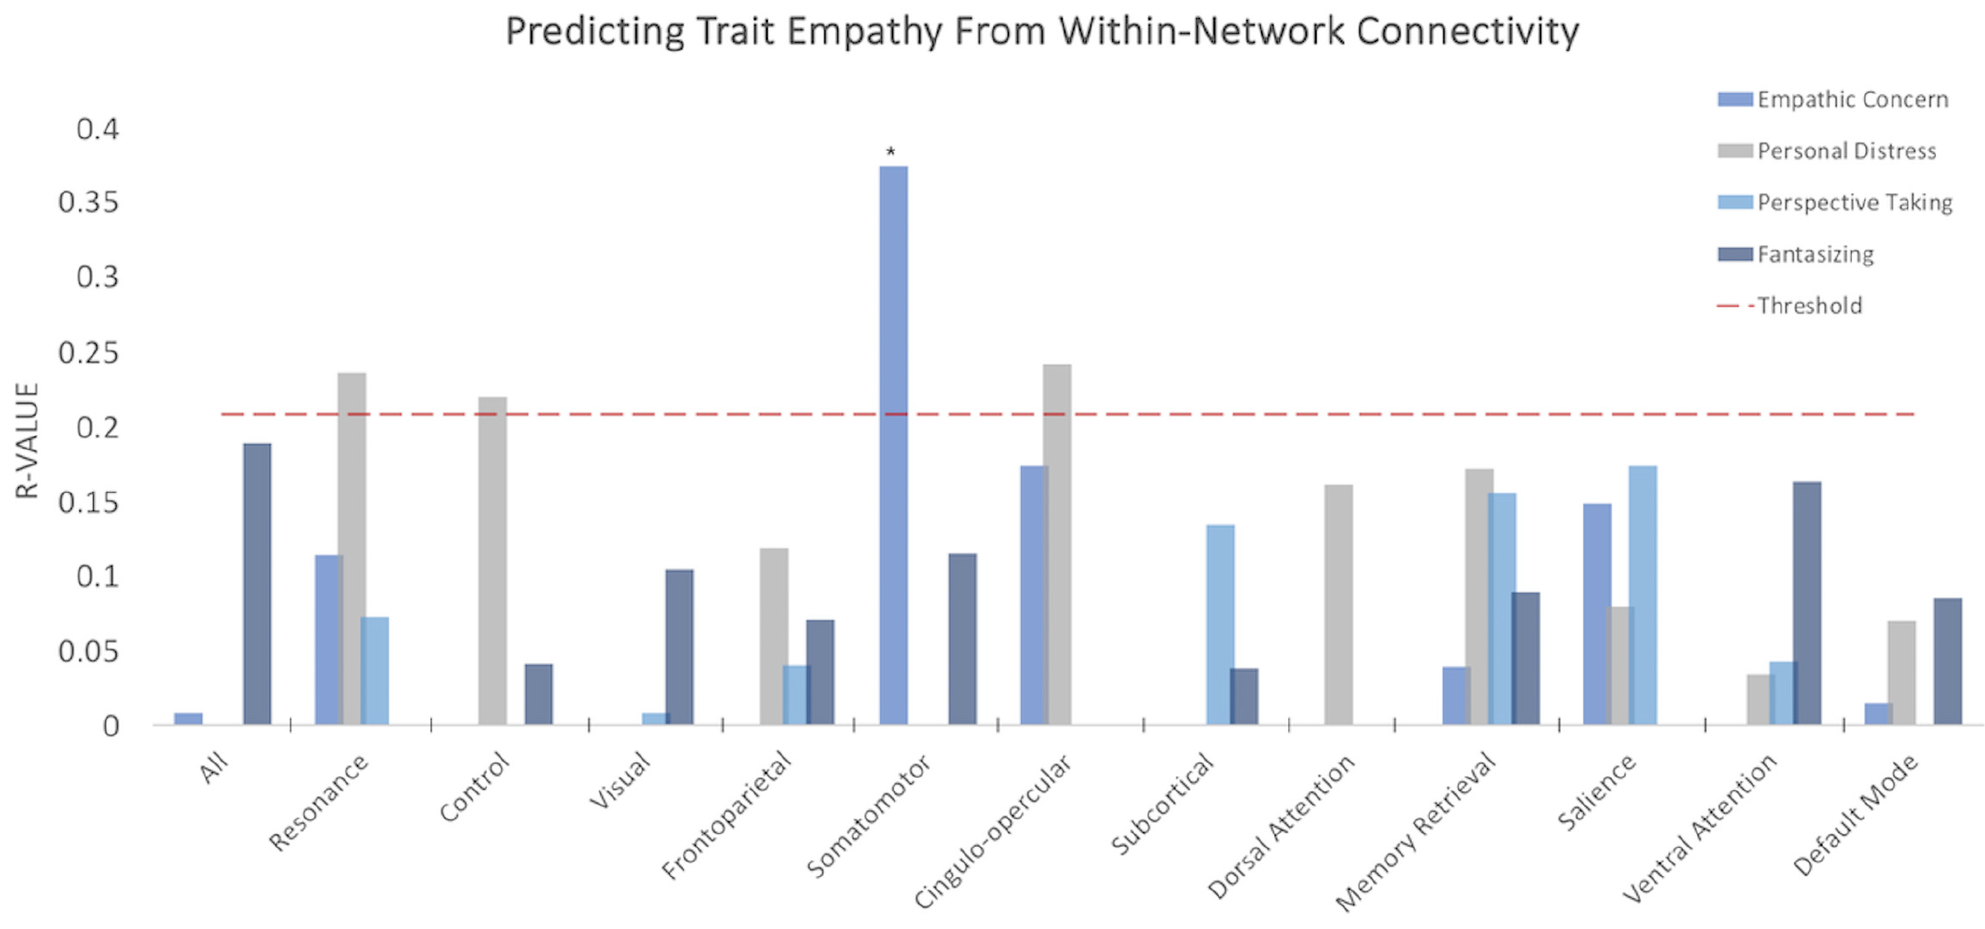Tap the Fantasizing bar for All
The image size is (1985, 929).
257,584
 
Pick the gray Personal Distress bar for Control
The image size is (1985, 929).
492,560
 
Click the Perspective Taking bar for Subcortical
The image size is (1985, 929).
1220,624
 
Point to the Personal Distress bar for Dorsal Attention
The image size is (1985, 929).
1339,604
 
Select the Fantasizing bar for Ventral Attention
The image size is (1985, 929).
1806,602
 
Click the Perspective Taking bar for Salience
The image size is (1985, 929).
1643,595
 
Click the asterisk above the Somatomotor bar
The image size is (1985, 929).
891,152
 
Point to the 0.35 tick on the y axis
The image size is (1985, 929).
89,202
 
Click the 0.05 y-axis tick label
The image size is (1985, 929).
89,652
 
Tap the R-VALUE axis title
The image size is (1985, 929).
27,440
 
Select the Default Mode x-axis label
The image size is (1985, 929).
1855,814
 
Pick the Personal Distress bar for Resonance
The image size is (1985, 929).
352,548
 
